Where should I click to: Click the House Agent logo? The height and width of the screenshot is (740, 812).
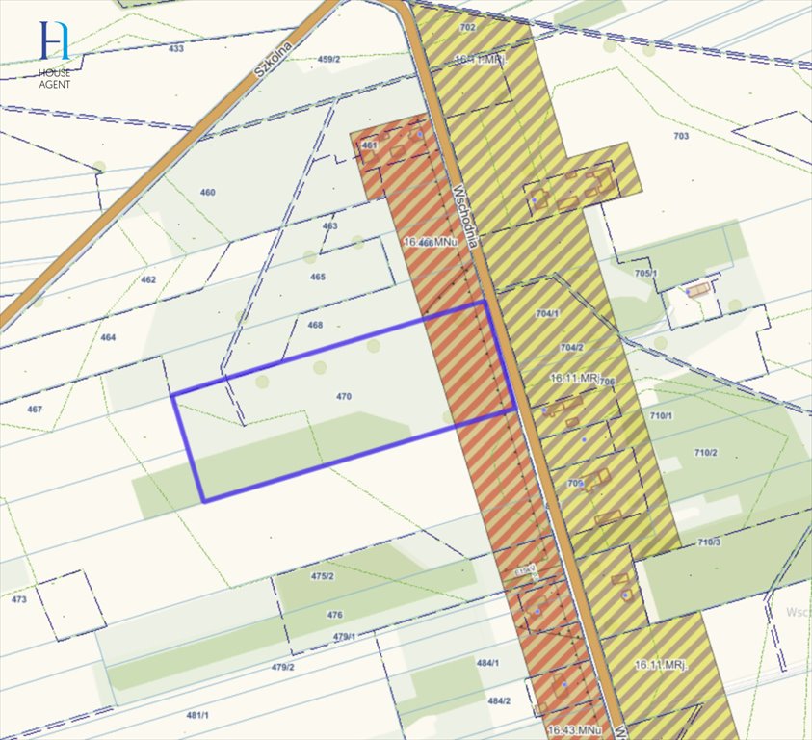[x=55, y=53]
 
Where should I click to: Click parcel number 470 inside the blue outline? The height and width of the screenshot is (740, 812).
[x=344, y=396]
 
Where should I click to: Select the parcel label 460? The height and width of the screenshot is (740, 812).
[x=208, y=193]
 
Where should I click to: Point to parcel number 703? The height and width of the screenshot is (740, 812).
[x=682, y=137]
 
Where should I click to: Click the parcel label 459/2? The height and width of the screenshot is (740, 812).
[x=329, y=60]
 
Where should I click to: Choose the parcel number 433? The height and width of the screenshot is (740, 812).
[x=175, y=48]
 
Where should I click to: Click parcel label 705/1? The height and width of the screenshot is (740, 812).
[x=645, y=274]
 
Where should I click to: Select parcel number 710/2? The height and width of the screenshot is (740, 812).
[x=706, y=453]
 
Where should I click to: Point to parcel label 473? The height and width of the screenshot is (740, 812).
[x=19, y=599]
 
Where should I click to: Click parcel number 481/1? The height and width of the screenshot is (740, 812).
[x=198, y=714]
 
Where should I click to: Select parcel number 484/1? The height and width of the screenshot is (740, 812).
[x=488, y=663]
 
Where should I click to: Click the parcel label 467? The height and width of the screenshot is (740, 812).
[x=35, y=410]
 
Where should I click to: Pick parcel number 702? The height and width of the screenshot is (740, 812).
[x=469, y=28]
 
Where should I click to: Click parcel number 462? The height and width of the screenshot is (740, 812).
[x=147, y=280]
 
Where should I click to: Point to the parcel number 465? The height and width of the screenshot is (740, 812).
[x=318, y=277]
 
